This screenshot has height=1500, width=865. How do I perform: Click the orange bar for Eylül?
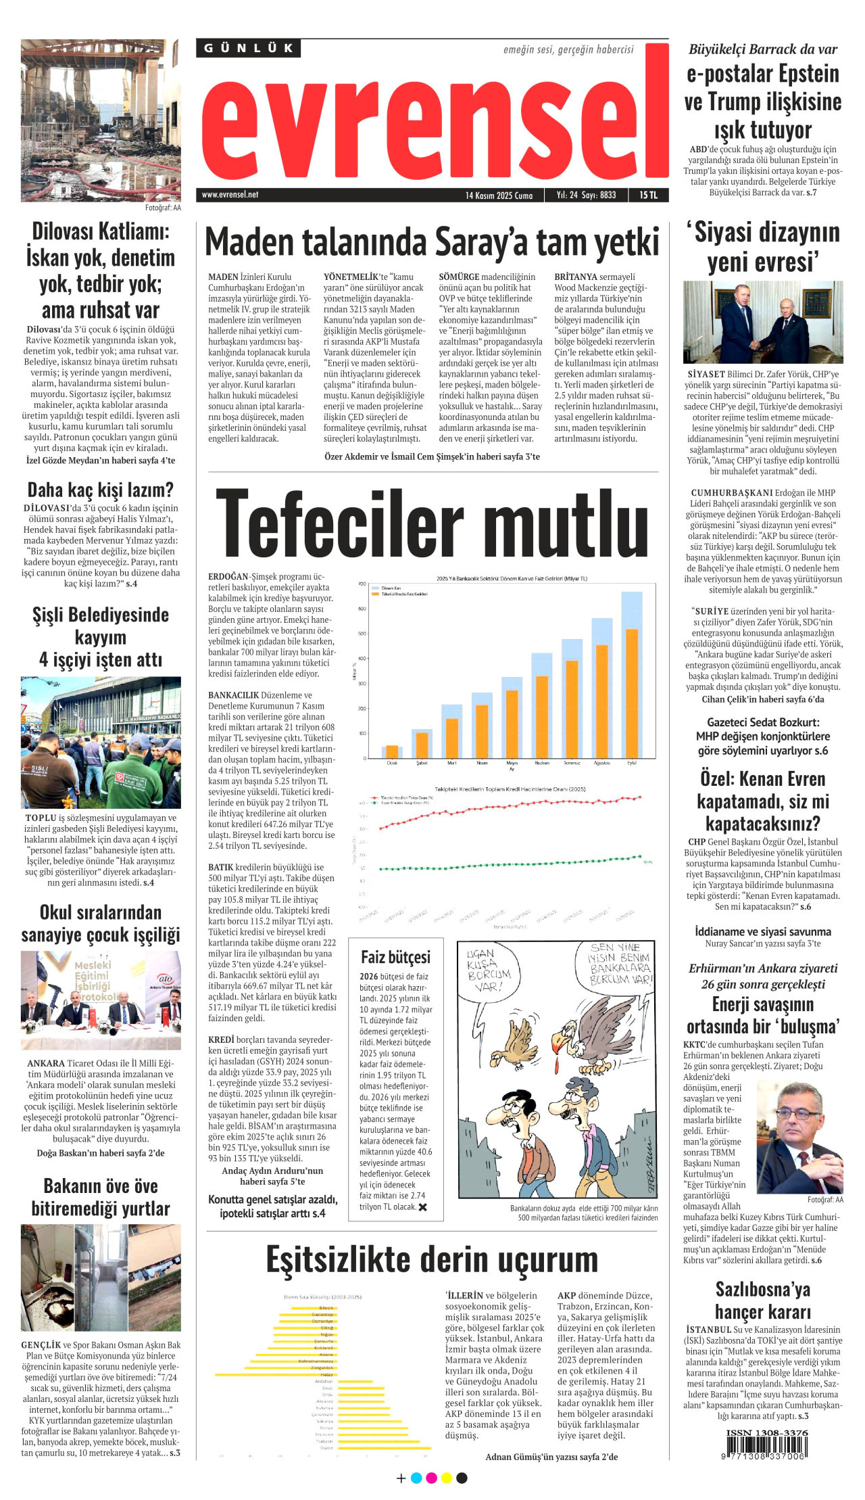tap(632, 693)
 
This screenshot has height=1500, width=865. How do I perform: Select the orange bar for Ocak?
tap(392, 751)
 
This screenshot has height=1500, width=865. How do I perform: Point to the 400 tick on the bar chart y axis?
tap(362, 658)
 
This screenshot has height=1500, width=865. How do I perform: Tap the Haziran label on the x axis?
tap(542, 763)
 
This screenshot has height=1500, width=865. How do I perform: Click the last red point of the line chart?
tap(640, 797)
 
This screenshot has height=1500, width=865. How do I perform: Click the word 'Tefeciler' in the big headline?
tap(339, 524)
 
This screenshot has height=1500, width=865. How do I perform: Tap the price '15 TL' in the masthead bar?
tap(648, 195)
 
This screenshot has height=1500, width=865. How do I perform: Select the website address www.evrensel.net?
tap(230, 195)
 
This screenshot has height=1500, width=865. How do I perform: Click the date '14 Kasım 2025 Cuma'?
tap(499, 195)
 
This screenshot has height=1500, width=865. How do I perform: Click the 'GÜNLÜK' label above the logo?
tap(249, 48)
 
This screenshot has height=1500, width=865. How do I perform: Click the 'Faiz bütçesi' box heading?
tap(395, 957)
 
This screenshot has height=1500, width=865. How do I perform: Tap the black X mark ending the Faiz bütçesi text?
tap(423, 1206)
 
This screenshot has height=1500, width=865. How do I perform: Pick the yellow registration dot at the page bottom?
tap(446, 1478)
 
